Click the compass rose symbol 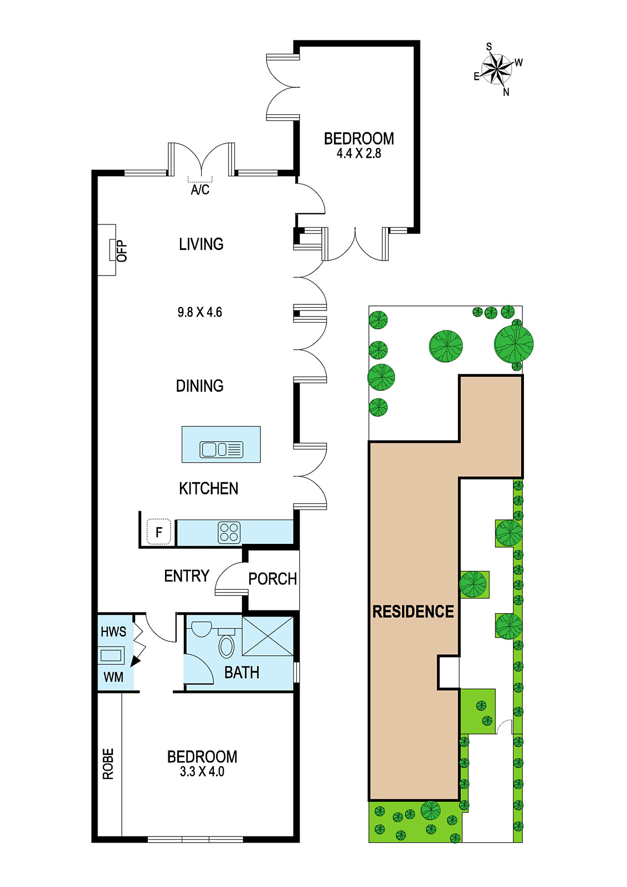[497, 69]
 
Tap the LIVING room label [201, 244]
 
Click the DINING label [200, 386]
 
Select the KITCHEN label [208, 488]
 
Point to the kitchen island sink [221, 450]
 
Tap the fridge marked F [158, 532]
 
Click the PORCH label [273, 579]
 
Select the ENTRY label [187, 576]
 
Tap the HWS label [114, 631]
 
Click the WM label [114, 677]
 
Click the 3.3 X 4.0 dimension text [202, 772]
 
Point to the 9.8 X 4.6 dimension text [200, 313]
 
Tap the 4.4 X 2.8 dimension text [359, 153]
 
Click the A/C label [200, 190]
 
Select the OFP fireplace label [122, 251]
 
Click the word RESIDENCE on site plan [413, 612]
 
